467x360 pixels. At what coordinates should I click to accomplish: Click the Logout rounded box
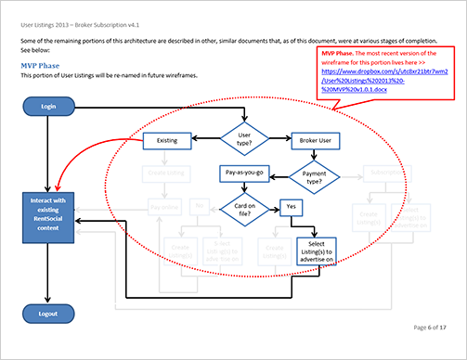point(47,314)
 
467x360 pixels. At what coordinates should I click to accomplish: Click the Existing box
point(167,140)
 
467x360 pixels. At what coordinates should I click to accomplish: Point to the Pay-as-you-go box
point(244,174)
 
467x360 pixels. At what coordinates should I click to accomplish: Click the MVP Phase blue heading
point(46,67)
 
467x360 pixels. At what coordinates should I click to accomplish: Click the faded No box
point(198,206)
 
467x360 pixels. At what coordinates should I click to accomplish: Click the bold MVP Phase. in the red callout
point(339,56)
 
